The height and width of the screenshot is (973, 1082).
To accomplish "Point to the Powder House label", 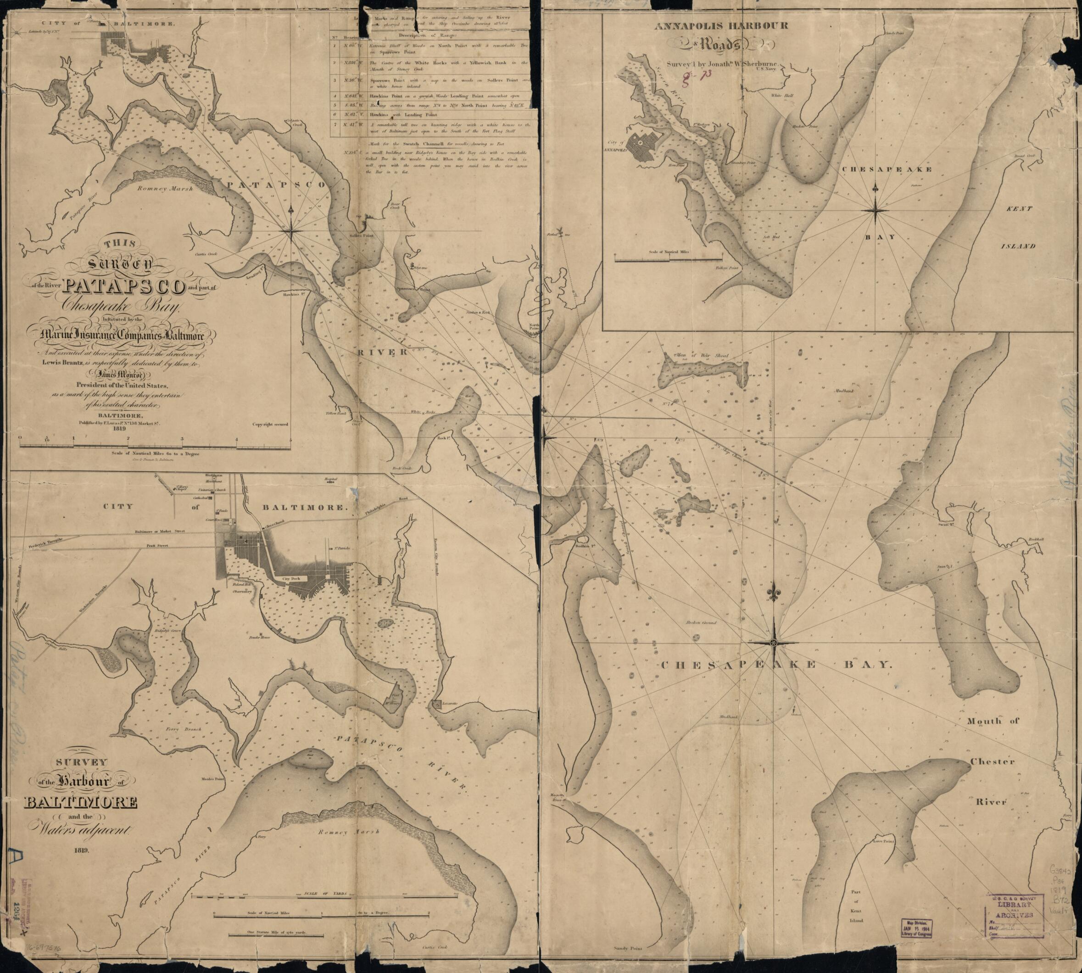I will (257, 638).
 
